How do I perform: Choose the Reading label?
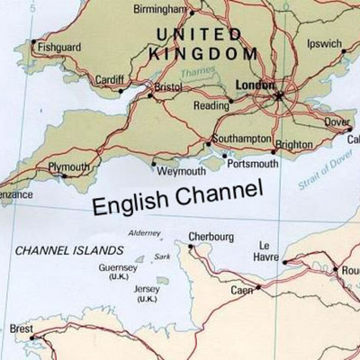(212, 105)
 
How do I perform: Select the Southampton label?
(241, 139)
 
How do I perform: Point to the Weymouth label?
(182, 170)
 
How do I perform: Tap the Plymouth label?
(69, 167)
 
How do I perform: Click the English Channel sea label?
(177, 196)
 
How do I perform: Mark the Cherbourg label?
(211, 238)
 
